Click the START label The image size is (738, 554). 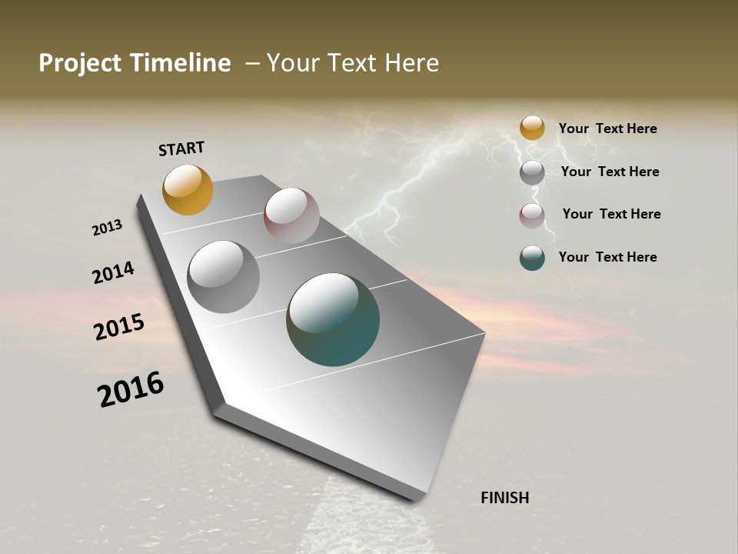tap(181, 149)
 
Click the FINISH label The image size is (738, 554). tap(505, 498)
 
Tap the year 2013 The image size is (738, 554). tap(107, 228)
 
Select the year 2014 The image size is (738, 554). tap(113, 272)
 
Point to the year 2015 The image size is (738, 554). tap(119, 327)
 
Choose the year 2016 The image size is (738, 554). tap(131, 389)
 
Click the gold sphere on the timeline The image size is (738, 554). tap(188, 190)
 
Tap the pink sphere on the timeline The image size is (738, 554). tap(291, 215)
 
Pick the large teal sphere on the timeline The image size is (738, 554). tap(333, 319)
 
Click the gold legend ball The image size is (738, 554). tap(532, 128)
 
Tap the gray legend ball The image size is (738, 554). tap(532, 172)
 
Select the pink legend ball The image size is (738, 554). tap(532, 215)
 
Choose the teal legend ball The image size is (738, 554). tap(532, 258)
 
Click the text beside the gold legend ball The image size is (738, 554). tap(607, 128)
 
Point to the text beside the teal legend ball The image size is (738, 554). tap(607, 257)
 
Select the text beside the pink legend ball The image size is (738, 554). tap(611, 214)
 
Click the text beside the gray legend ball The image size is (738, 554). tap(610, 172)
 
